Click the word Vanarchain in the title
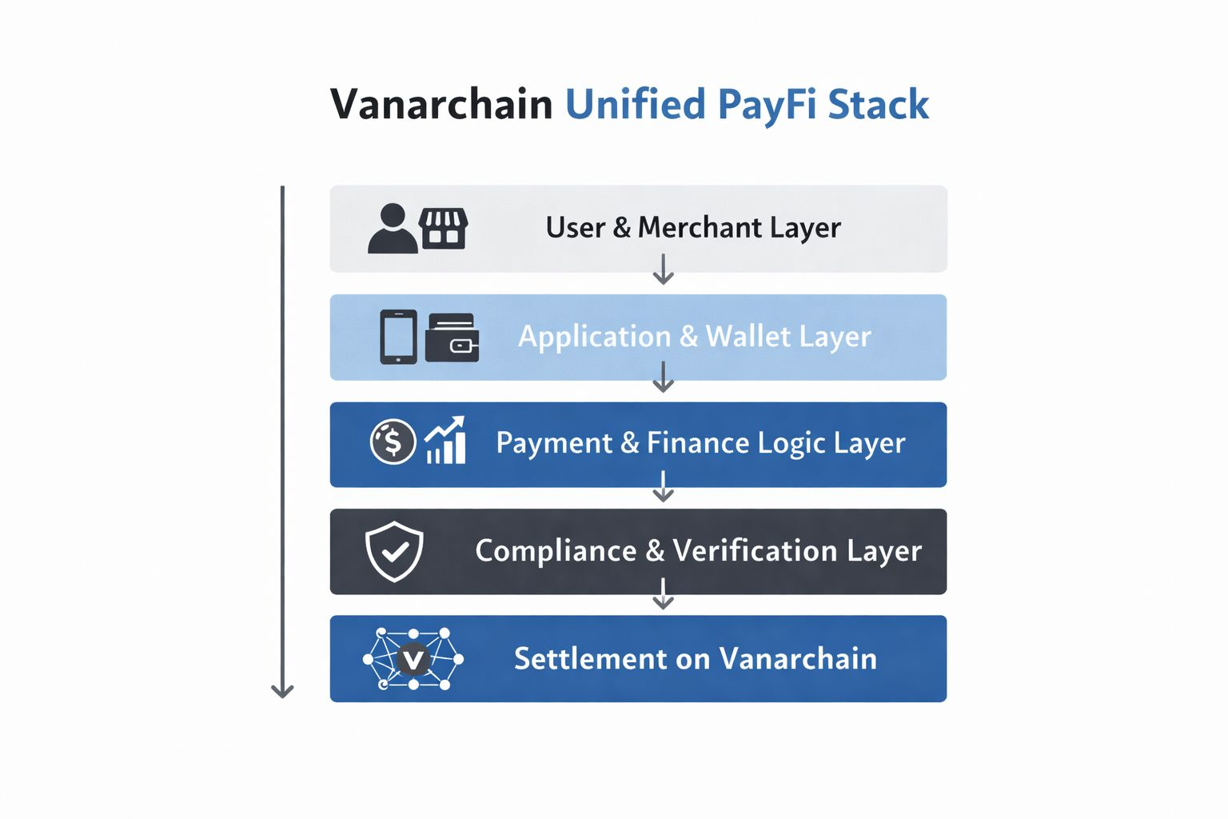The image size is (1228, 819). pyautogui.click(x=441, y=104)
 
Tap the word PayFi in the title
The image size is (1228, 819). pyautogui.click(x=767, y=106)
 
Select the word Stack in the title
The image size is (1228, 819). pyautogui.click(x=879, y=104)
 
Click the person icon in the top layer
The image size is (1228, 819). pyautogui.click(x=392, y=228)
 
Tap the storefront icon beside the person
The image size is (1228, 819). pyautogui.click(x=443, y=229)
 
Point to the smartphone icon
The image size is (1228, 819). pyautogui.click(x=399, y=337)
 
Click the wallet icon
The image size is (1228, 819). pyautogui.click(x=453, y=338)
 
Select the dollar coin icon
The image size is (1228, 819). pyautogui.click(x=393, y=441)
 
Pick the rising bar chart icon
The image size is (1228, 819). pyautogui.click(x=445, y=440)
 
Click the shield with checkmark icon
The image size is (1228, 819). pyautogui.click(x=394, y=551)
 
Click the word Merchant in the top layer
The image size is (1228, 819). pyautogui.click(x=700, y=227)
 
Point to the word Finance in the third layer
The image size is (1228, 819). pyautogui.click(x=698, y=442)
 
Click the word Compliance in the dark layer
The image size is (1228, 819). pyautogui.click(x=556, y=551)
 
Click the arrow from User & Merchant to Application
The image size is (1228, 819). pyautogui.click(x=664, y=269)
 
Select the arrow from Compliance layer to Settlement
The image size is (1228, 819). pyautogui.click(x=664, y=593)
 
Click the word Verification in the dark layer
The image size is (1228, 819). pyautogui.click(x=756, y=550)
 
